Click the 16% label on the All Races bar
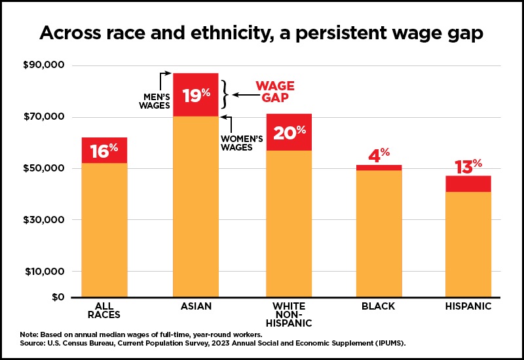coord(104,151)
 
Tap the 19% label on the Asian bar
coord(196,96)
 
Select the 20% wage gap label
coord(289,133)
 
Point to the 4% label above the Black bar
coord(379,156)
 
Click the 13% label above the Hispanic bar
coord(468,167)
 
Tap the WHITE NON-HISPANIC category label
coord(289,315)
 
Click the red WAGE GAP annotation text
coord(274,92)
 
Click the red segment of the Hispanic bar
coord(468,184)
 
